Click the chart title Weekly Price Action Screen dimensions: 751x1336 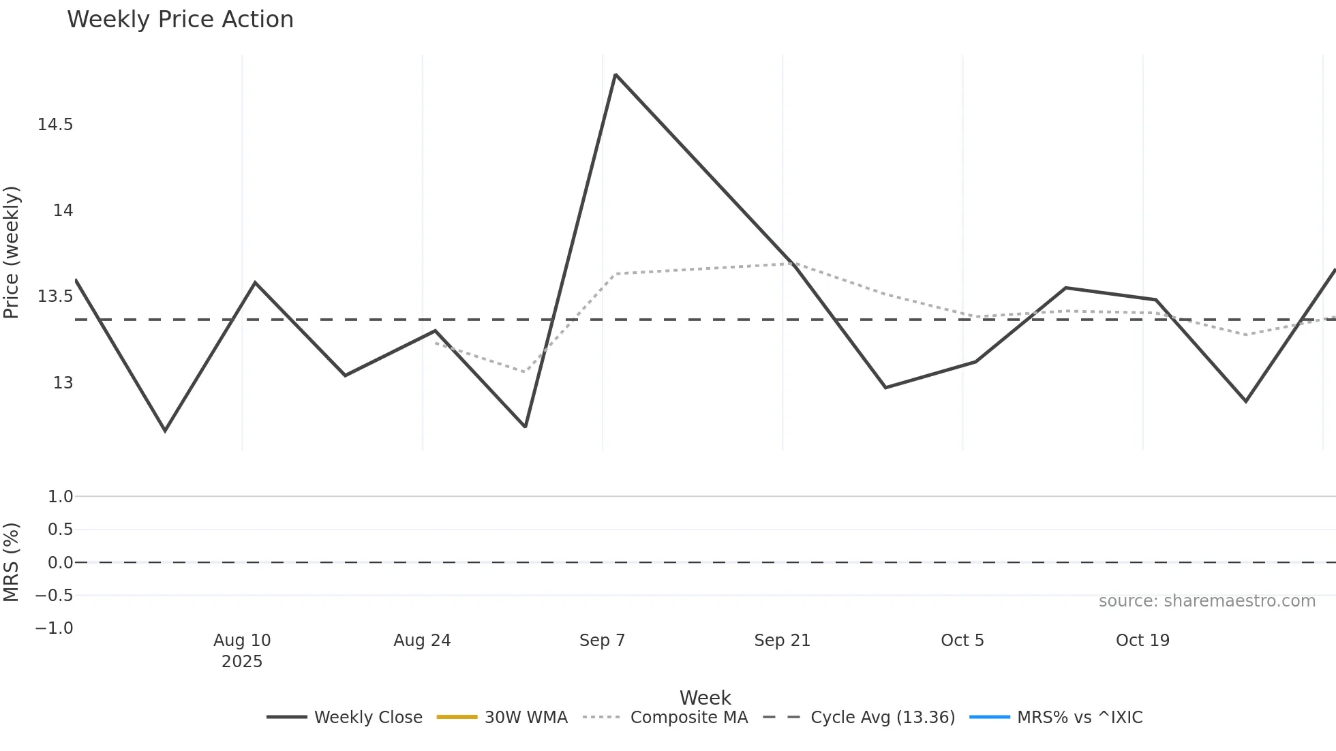(x=180, y=20)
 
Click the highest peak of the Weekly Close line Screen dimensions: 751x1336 (x=616, y=74)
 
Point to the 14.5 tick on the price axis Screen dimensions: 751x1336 (x=55, y=125)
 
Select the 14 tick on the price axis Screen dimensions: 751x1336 (x=63, y=211)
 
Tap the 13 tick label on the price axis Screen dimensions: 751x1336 (x=63, y=383)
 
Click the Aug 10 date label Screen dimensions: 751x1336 (x=242, y=641)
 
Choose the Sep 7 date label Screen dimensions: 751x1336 (x=602, y=641)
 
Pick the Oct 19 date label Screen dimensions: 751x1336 (x=1142, y=641)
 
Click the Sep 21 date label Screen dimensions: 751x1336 (x=782, y=641)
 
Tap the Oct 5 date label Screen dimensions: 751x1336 (x=962, y=641)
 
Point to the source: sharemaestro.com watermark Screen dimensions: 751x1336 (x=1206, y=601)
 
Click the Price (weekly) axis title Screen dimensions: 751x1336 (x=12, y=252)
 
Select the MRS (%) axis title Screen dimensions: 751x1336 (x=12, y=562)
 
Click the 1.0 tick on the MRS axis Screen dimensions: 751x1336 (x=60, y=497)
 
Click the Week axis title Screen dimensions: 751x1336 (x=705, y=698)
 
